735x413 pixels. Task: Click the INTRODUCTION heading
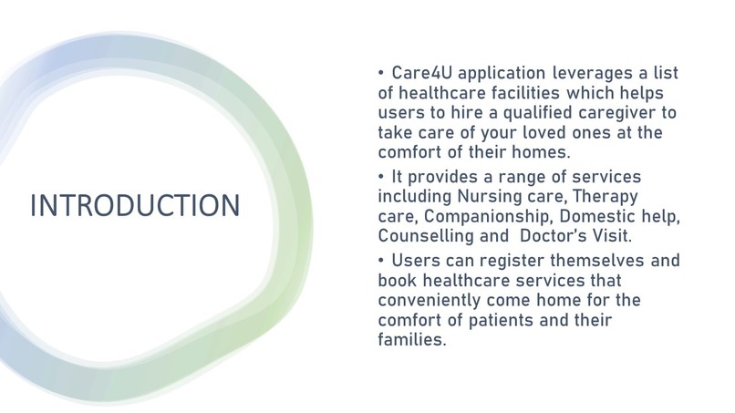click(x=135, y=205)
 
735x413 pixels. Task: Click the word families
click(x=411, y=340)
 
